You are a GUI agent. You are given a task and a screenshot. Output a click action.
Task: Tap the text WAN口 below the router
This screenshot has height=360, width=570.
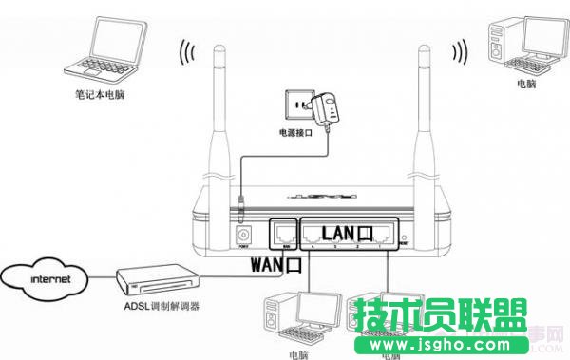coord(275,265)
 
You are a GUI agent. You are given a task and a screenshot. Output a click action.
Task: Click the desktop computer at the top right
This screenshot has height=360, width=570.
coord(523,43)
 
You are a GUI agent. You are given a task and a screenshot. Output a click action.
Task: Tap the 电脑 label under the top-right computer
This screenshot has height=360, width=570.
coord(524,84)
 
